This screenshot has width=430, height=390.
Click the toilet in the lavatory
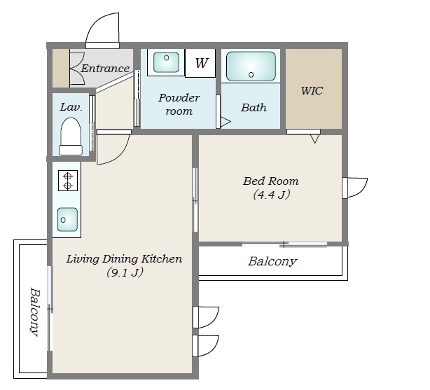(71, 137)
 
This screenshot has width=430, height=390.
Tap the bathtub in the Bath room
(251, 66)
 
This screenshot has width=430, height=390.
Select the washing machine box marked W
(200, 63)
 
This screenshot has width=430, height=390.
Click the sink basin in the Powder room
(166, 62)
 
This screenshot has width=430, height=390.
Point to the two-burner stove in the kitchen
(68, 181)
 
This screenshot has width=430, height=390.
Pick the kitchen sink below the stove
(67, 219)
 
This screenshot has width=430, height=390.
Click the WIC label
(312, 90)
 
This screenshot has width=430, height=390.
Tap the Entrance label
(105, 69)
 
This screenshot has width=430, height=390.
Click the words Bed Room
(270, 181)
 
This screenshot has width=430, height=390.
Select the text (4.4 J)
(272, 195)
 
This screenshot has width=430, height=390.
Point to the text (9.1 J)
(125, 272)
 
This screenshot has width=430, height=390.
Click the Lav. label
(71, 107)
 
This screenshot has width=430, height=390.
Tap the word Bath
(254, 108)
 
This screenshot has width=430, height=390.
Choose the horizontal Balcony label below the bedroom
(272, 261)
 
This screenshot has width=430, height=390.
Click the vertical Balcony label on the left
(35, 312)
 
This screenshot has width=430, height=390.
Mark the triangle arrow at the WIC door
(315, 139)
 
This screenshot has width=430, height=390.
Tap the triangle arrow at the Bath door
(226, 122)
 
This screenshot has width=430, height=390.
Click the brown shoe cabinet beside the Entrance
(61, 69)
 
